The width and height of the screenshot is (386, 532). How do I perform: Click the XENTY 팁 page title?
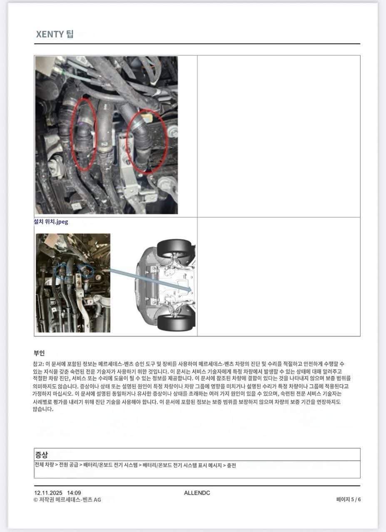point(55,34)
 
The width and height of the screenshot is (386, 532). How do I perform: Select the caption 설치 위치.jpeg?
point(51,221)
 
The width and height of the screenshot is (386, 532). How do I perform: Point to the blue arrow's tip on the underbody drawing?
point(191,290)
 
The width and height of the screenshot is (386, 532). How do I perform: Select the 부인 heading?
point(39,353)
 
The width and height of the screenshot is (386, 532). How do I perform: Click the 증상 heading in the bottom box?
point(42,455)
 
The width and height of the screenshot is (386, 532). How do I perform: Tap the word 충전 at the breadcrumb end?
point(232,465)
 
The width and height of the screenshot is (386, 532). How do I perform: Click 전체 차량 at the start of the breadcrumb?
point(45,465)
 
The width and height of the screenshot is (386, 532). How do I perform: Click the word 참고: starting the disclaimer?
point(38,364)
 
